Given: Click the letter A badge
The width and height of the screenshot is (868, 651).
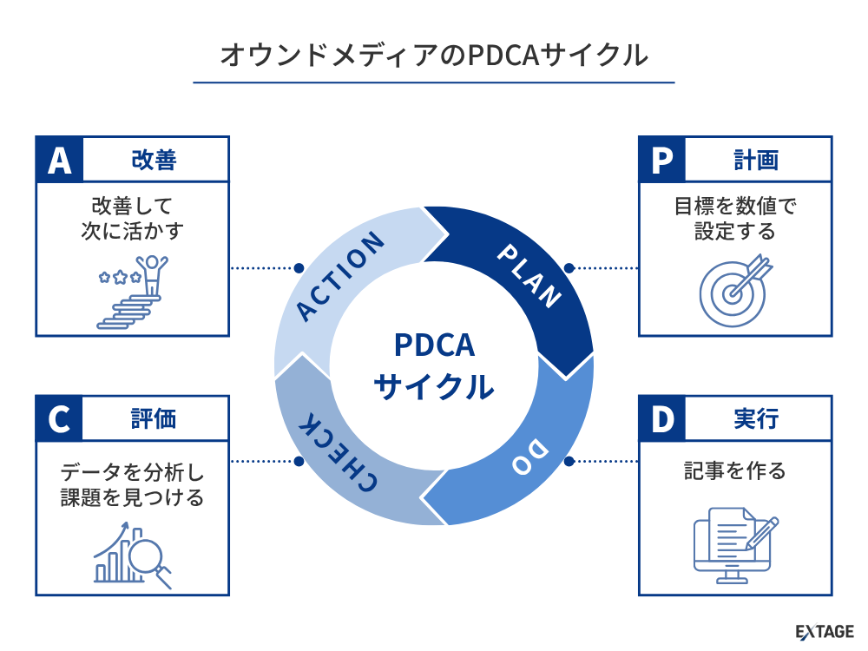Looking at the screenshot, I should coord(59,160).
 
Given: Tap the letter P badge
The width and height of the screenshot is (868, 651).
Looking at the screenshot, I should coord(662,160).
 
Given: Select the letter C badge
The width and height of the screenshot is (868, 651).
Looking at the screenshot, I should coord(59,419).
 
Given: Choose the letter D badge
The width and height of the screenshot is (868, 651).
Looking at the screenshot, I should coord(662,419).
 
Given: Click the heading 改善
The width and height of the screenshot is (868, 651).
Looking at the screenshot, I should coord(155,160).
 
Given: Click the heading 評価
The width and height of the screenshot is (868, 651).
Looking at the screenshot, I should coord(155,419).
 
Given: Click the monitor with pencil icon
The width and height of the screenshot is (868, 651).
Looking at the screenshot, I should coord(734,542).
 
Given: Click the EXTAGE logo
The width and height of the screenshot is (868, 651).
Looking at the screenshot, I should coord(825,632).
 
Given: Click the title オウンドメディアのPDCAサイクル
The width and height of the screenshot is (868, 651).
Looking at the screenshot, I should coord(433,55).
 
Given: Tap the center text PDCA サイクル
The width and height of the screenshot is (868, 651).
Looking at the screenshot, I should coord(434,365).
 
